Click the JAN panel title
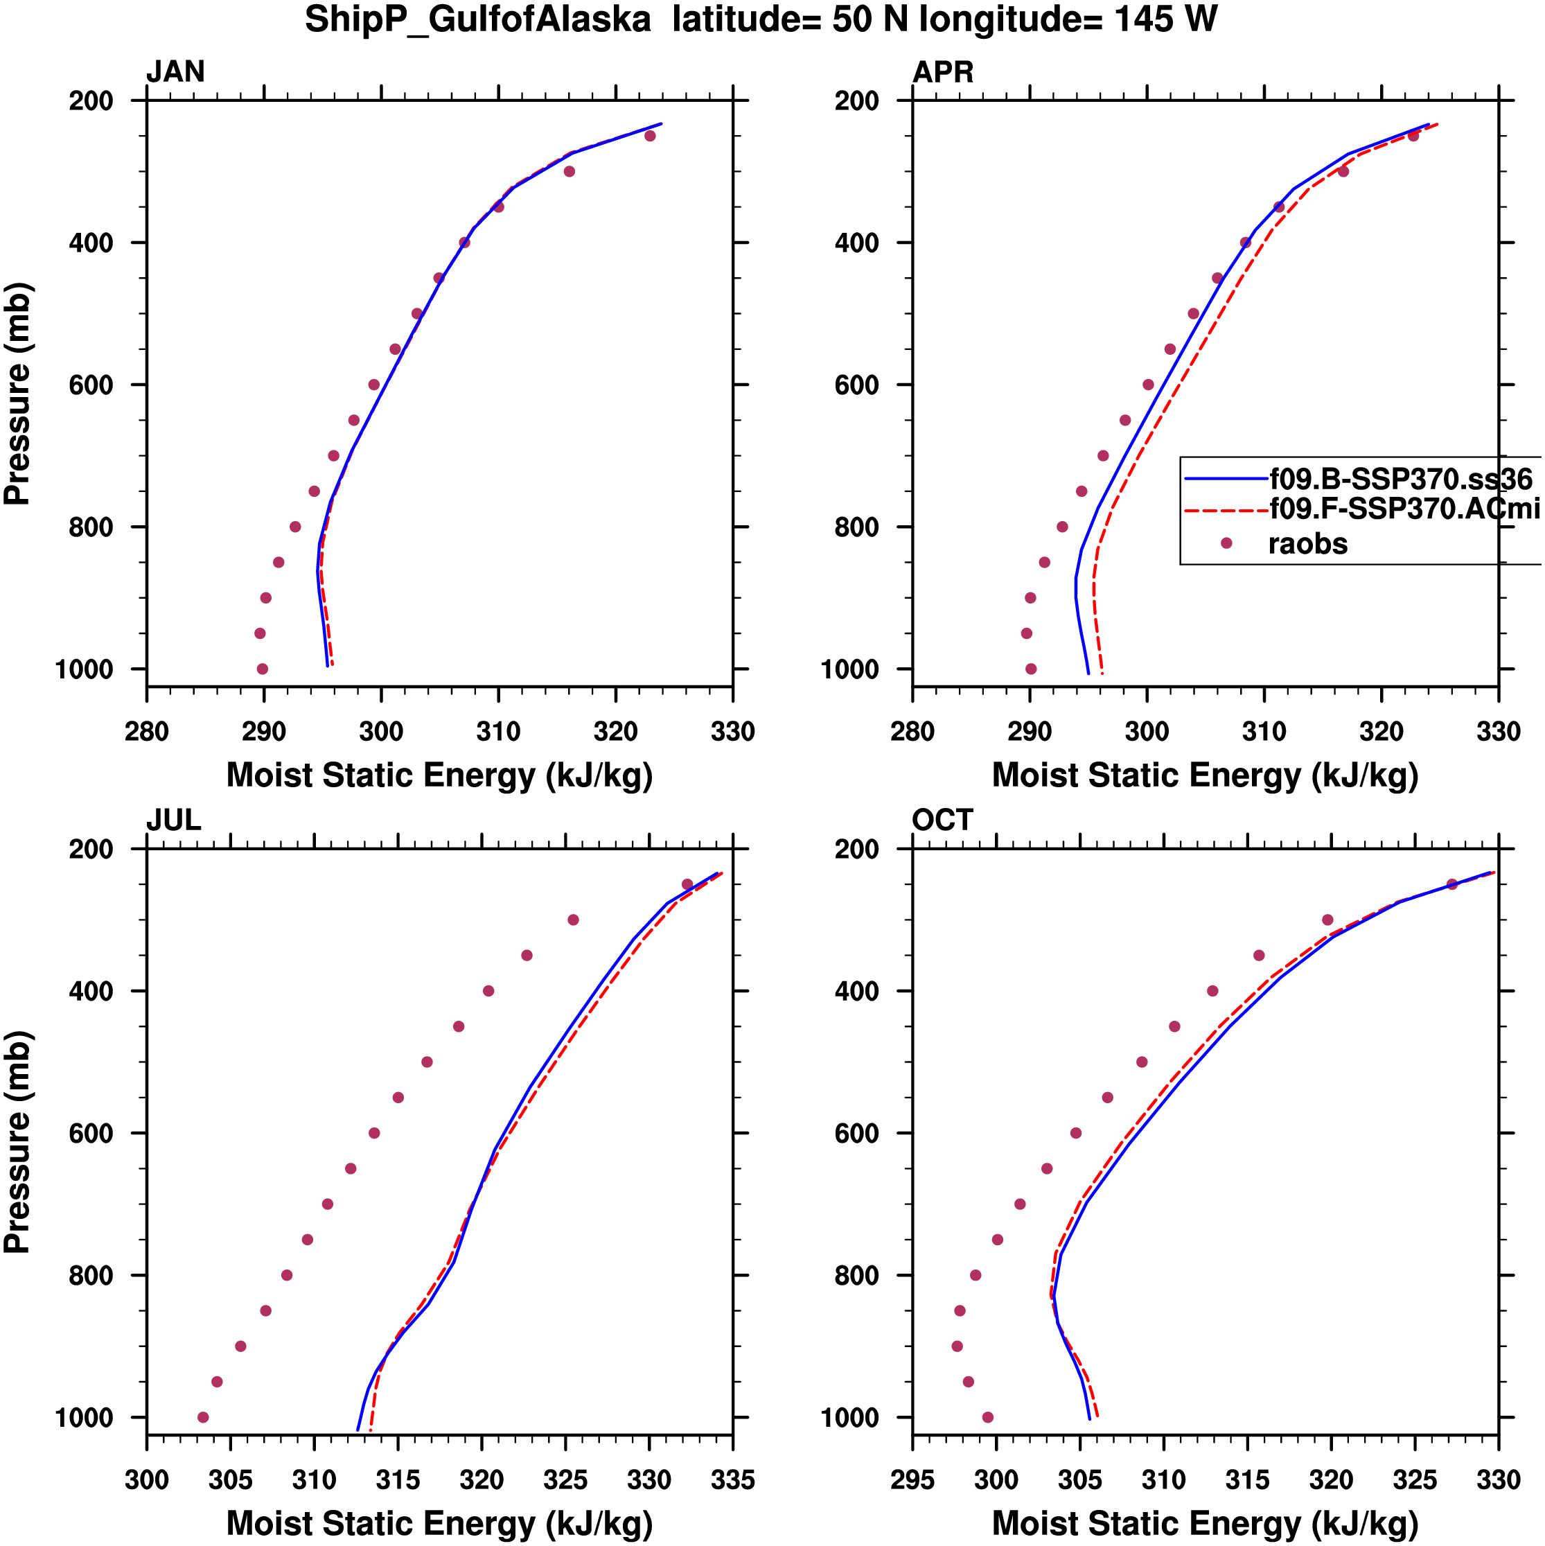175,72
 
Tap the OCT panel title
942,820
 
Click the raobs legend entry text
1307,544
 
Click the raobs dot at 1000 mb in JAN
263,669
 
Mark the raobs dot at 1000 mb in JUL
203,1417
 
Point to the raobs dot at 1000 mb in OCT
987,1417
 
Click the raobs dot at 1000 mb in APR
1030,669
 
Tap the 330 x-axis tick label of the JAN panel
732,731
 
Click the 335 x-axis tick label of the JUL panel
732,1479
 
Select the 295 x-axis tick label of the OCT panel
913,1479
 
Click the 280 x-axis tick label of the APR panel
913,731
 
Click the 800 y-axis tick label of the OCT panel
857,1276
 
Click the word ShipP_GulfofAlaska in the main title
477,19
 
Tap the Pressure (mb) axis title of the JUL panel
17,1142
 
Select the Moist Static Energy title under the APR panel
1205,775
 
